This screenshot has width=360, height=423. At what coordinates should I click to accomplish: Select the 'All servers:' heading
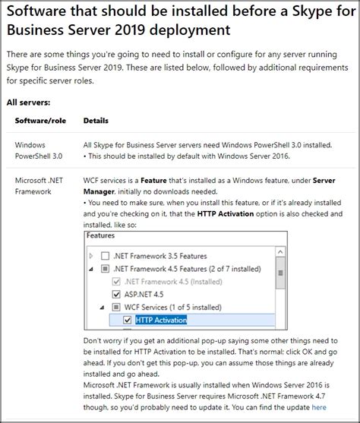click(x=29, y=102)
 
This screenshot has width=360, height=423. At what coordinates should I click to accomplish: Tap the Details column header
click(x=96, y=121)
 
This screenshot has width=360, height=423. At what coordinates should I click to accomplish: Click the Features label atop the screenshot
click(x=100, y=236)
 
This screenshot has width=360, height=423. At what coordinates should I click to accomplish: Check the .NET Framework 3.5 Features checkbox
click(x=105, y=256)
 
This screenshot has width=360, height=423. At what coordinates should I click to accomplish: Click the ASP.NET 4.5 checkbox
click(x=116, y=294)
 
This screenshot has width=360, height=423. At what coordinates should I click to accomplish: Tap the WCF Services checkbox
click(x=116, y=307)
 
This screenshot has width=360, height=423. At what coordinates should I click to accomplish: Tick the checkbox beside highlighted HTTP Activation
click(x=127, y=320)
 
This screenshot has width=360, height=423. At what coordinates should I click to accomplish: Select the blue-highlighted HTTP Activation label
click(x=161, y=320)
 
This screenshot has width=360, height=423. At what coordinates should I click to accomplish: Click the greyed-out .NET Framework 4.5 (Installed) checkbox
click(x=116, y=281)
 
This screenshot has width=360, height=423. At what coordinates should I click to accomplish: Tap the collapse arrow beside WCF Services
click(x=104, y=307)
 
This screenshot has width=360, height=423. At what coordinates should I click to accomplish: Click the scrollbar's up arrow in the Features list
click(x=281, y=250)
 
